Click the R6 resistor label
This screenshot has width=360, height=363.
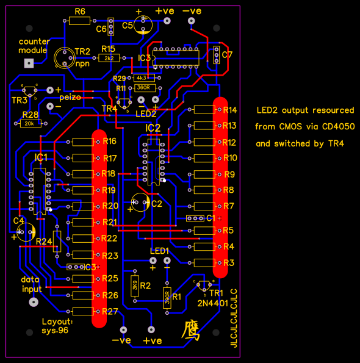click(x=80, y=12)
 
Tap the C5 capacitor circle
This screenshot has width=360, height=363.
click(x=145, y=24)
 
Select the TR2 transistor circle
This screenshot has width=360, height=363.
click(x=63, y=58)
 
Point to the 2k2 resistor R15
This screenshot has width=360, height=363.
click(x=109, y=58)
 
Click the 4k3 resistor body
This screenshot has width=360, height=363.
click(x=142, y=78)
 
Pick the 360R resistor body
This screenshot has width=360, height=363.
click(x=142, y=87)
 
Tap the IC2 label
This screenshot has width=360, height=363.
click(x=153, y=128)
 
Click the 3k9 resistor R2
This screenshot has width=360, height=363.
click(x=134, y=283)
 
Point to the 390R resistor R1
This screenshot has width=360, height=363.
click(x=167, y=297)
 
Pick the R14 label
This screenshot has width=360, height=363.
click(x=229, y=110)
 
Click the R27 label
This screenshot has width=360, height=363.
click(x=110, y=312)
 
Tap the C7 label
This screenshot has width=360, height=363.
click(x=227, y=55)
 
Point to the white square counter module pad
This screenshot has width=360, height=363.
click(x=27, y=63)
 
